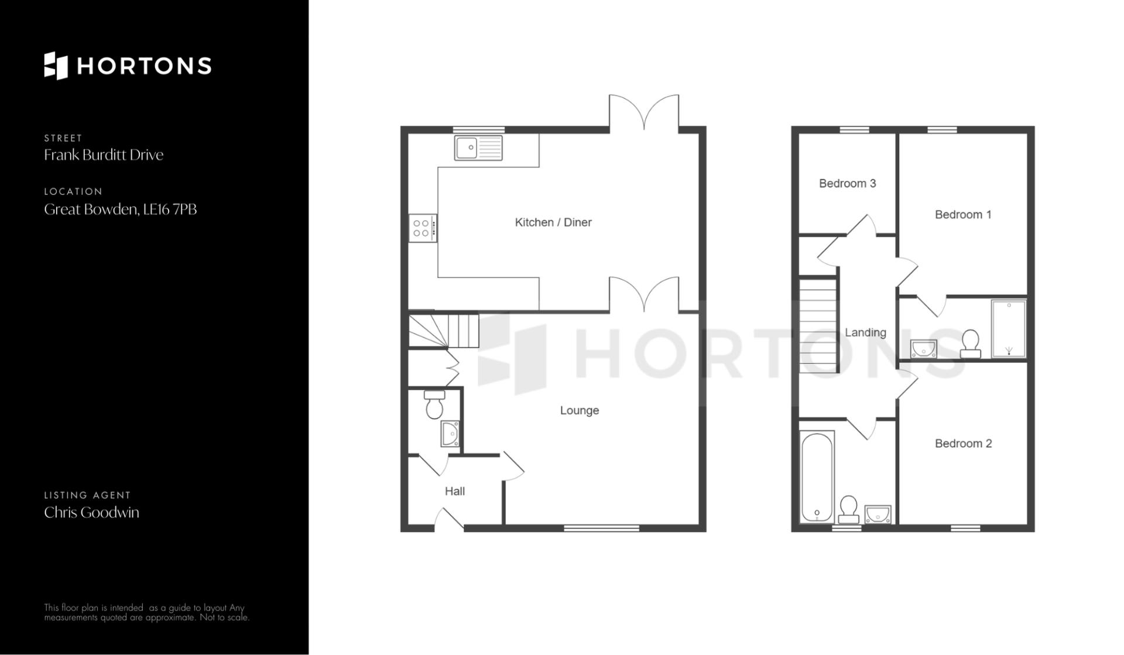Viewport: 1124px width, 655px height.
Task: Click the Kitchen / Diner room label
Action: [x=553, y=222]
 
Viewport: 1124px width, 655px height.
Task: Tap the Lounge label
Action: [x=580, y=410]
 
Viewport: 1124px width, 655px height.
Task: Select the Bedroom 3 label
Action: [x=847, y=183]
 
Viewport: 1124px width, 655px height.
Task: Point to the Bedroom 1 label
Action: [x=963, y=214]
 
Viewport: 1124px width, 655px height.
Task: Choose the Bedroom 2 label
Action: [x=963, y=443]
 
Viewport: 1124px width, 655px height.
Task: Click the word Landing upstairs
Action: [x=865, y=332]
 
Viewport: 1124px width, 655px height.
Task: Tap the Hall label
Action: [x=455, y=491]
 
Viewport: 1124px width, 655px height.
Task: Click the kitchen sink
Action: [x=478, y=148]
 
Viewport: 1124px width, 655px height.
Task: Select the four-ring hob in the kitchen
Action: [x=422, y=228]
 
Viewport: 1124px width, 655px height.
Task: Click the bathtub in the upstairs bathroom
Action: [x=817, y=477]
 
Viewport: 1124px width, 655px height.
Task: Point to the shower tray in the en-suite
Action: [x=1009, y=329]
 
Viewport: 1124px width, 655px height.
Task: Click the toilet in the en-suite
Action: [x=971, y=344]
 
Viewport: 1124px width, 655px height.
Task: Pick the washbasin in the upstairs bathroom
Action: [x=878, y=514]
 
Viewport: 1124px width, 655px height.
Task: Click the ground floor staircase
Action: [x=443, y=331]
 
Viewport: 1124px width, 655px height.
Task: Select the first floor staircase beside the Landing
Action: [x=818, y=325]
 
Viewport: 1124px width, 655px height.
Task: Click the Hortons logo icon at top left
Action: [x=56, y=66]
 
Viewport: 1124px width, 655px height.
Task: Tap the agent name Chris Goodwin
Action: [x=92, y=512]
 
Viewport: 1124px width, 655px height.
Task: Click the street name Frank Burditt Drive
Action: [x=104, y=155]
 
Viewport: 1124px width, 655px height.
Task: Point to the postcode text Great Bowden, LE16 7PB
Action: [x=121, y=209]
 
